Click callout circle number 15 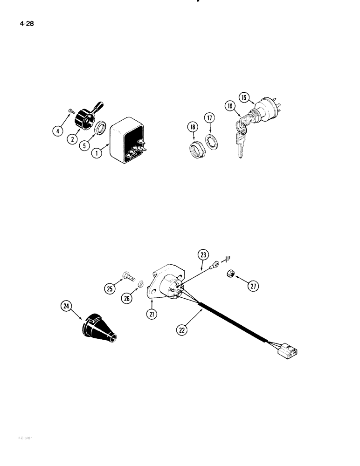[x=244, y=97]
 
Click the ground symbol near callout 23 [x=229, y=258]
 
